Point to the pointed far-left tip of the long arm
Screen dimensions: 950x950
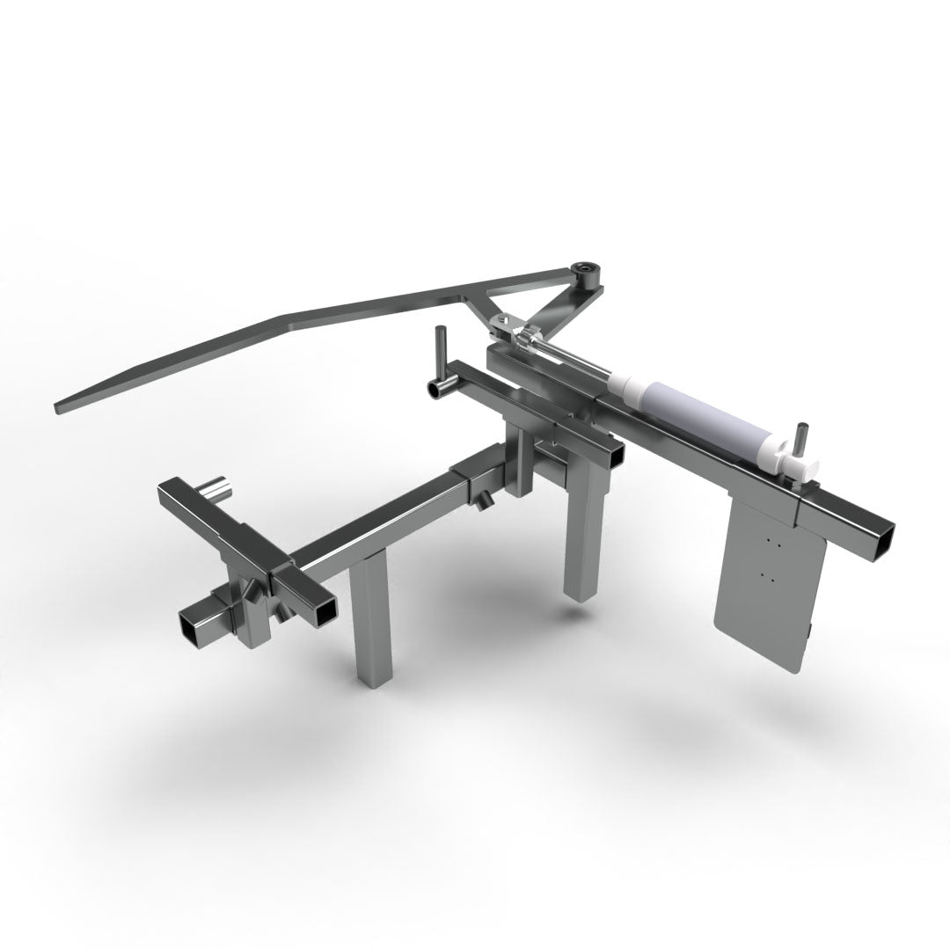coord(59,408)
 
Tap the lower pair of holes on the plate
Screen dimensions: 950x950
coord(764,576)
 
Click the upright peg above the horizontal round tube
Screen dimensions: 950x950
coord(442,347)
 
